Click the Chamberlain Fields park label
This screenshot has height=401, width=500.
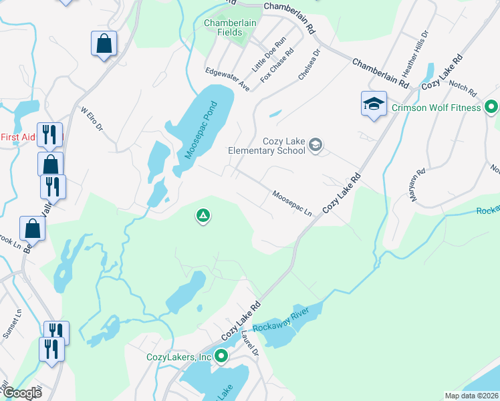tap(230, 27)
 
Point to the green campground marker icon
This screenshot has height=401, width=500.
tap(203, 216)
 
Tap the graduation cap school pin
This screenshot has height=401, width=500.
tap(374, 104)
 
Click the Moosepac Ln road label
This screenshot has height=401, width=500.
tap(292, 203)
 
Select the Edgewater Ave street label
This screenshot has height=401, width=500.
tap(227, 79)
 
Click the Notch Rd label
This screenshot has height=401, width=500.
tap(462, 90)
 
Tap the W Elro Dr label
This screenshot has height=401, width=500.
tap(92, 118)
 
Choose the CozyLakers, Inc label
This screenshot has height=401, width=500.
tap(178, 357)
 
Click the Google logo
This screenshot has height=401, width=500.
tap(22, 393)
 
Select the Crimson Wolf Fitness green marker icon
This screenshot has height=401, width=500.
tap(491, 107)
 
